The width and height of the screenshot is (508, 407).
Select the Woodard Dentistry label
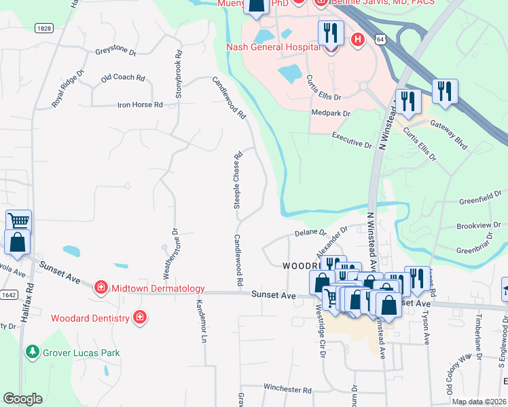coord(90,317)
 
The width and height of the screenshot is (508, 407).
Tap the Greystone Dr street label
coord(115,51)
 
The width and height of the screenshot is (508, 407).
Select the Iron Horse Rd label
coord(140,105)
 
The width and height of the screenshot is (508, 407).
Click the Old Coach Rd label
coord(123,78)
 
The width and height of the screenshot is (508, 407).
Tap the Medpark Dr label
coord(330,113)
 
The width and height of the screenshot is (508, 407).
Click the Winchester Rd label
coord(287,390)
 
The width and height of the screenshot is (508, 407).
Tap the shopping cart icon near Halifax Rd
coord(18,220)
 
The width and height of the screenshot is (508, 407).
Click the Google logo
coord(23,399)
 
